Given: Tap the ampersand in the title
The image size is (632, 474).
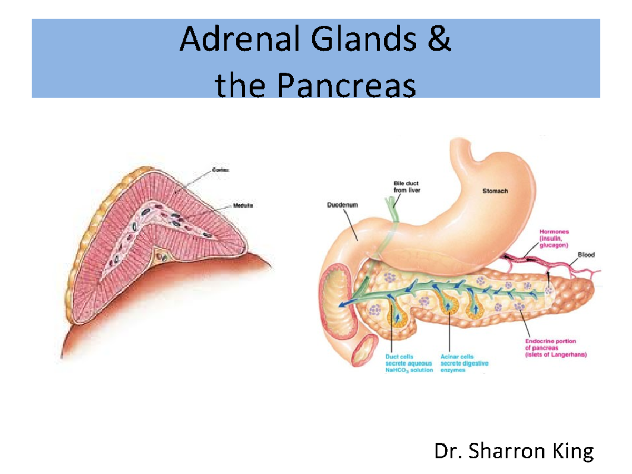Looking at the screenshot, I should coord(441,41).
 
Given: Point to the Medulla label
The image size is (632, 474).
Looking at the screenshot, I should coord(243,206).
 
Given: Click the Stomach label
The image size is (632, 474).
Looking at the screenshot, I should coord(495,191).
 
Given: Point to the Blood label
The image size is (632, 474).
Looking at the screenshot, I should coord(586,255).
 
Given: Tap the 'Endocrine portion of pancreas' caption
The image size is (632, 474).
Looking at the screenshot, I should coord(552,348).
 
